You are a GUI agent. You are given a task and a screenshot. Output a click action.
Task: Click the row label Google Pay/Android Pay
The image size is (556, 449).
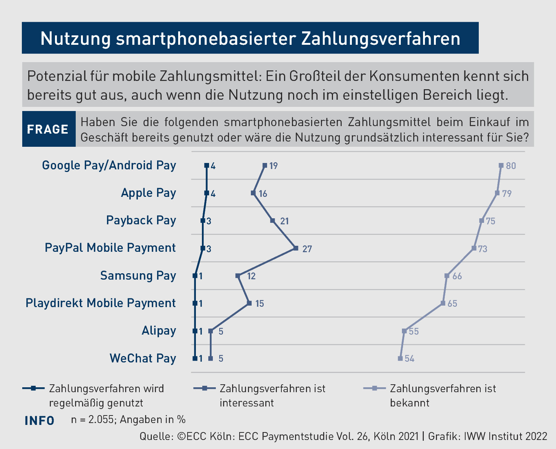109,165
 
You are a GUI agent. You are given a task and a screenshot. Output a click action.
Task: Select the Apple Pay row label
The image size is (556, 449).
148,193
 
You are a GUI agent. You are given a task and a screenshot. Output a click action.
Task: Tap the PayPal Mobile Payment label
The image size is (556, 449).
110,248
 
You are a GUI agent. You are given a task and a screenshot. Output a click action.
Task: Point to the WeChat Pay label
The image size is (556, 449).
143,358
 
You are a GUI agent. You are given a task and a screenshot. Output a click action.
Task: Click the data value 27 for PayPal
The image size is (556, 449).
307,249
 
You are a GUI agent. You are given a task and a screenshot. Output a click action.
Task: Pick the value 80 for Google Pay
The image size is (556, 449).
511,166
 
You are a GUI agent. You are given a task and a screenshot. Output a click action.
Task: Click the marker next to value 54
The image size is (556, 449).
400,358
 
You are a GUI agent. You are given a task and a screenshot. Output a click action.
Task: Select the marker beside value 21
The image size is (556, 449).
273,221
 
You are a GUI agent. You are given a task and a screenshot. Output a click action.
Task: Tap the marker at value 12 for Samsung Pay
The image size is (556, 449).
238,276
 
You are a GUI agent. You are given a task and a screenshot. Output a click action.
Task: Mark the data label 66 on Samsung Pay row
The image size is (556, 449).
457,276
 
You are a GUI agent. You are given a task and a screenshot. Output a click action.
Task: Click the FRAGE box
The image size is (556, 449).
48,129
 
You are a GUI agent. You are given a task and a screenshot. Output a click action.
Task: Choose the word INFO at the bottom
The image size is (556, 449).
39,420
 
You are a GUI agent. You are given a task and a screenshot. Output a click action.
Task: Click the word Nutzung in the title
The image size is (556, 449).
75,38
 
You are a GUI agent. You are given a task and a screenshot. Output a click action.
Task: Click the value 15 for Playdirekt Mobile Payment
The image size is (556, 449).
260,303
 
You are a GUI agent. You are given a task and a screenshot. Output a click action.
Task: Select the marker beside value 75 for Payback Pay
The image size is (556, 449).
481,221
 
